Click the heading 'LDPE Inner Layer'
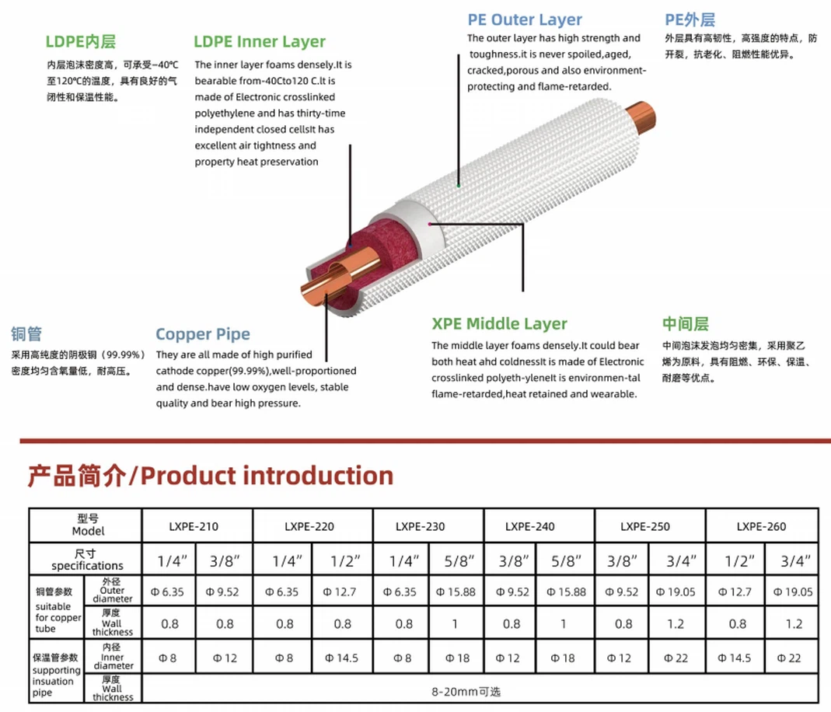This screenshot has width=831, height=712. point(260,42)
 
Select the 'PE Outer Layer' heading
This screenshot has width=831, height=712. point(524,19)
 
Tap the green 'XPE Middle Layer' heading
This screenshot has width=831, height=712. point(499,324)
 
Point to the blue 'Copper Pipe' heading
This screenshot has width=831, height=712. point(203,334)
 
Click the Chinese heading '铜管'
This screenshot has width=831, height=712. point(26,334)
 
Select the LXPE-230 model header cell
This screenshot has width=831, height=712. point(420,526)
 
